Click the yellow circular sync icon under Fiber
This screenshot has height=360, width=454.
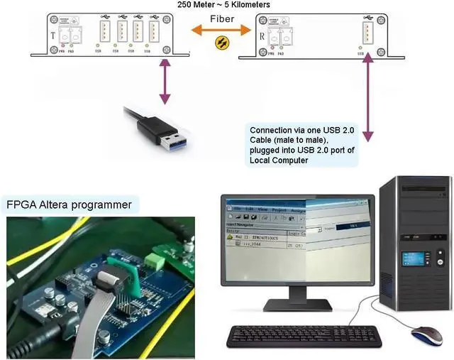click(x=222, y=43)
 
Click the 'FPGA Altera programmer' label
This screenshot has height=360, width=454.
click(x=69, y=205)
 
